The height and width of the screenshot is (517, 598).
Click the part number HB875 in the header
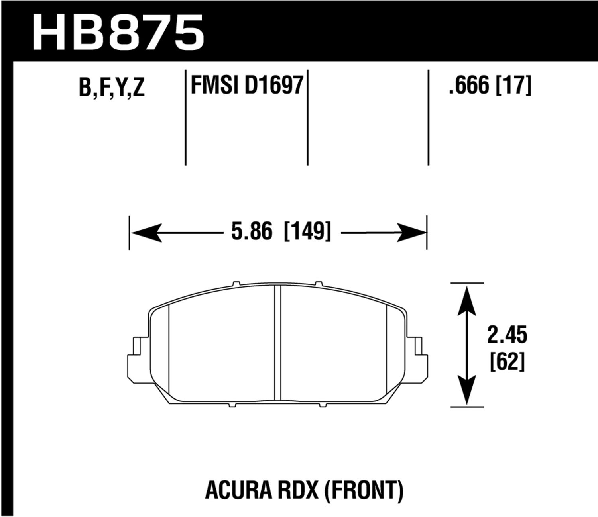pyautogui.click(x=118, y=32)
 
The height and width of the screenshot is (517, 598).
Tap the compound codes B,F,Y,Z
pyautogui.click(x=112, y=87)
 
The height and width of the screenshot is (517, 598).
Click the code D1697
pyautogui.click(x=274, y=85)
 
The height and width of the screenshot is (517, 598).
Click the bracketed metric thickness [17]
pyautogui.click(x=513, y=85)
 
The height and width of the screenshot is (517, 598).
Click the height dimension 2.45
pyautogui.click(x=507, y=335)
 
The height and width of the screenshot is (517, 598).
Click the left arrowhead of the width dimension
pyautogui.click(x=146, y=232)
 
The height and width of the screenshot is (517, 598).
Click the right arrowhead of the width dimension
pyautogui.click(x=411, y=232)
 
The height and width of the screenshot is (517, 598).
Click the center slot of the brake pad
pyautogui.click(x=278, y=343)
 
